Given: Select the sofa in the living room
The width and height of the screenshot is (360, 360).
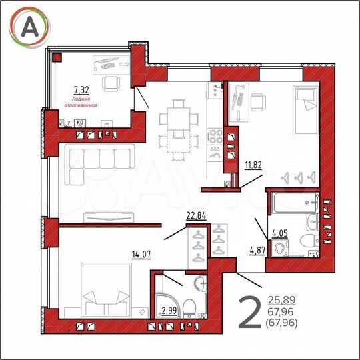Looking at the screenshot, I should (100, 163).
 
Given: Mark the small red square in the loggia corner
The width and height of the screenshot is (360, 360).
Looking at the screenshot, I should (58, 57).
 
